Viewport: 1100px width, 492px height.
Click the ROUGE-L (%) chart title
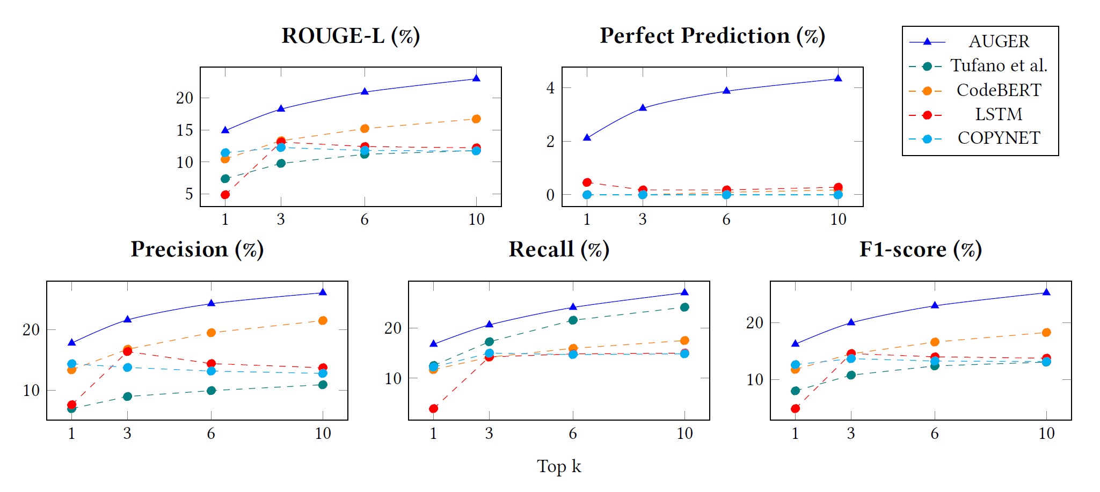351,36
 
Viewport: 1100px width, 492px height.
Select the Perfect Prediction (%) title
712,36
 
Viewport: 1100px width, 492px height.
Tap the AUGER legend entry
999,41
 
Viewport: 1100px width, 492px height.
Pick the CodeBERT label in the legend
999,90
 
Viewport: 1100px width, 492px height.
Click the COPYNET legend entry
999,138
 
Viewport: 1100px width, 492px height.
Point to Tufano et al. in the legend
999,65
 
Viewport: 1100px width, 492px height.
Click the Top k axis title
559,466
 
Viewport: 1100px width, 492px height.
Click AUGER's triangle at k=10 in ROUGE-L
476,78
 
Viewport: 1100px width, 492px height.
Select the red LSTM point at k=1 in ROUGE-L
225,195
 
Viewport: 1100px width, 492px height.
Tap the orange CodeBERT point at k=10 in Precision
323,320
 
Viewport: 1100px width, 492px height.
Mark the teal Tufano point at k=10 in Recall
684,307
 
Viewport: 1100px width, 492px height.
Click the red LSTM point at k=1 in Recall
433,409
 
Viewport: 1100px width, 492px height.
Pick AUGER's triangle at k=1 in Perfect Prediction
587,138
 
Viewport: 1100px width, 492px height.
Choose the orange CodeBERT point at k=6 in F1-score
935,342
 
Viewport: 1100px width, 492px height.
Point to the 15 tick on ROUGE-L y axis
185,130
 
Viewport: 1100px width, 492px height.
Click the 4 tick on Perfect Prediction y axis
550,87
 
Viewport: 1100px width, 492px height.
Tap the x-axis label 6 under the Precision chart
211,434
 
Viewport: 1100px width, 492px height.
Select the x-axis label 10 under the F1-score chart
1046,434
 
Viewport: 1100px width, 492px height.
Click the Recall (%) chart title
559,249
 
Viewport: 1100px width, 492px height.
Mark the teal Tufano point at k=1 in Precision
71,409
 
